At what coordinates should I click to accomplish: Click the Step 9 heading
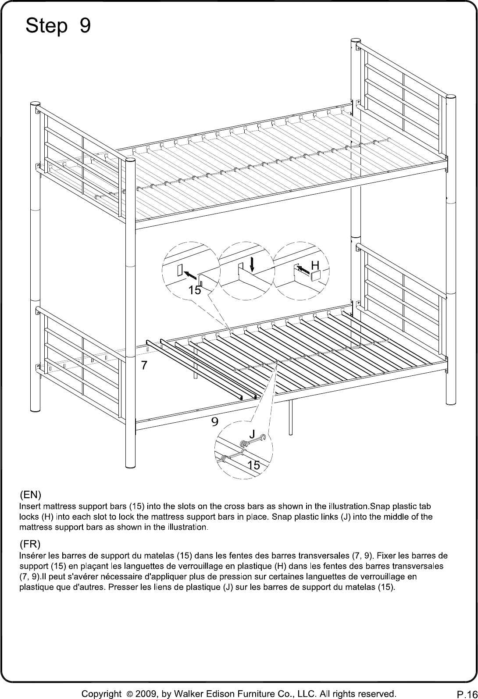pos(58,25)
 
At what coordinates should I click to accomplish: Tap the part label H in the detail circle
pos(315,265)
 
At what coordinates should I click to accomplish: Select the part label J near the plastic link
pos(253,434)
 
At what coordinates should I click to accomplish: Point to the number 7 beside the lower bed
pos(144,365)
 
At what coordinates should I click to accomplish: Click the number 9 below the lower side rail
pos(215,422)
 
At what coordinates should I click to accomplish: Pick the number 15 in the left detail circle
pos(195,290)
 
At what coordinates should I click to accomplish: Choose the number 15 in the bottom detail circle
pos(253,465)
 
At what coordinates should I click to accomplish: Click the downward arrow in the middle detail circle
pos(252,264)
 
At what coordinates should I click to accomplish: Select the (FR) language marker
pos(30,544)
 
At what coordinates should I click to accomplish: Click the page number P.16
pos(467,694)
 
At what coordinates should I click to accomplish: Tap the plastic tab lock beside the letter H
pos(315,276)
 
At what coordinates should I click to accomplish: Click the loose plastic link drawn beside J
pos(253,441)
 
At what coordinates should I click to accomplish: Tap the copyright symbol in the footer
pos(129,694)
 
